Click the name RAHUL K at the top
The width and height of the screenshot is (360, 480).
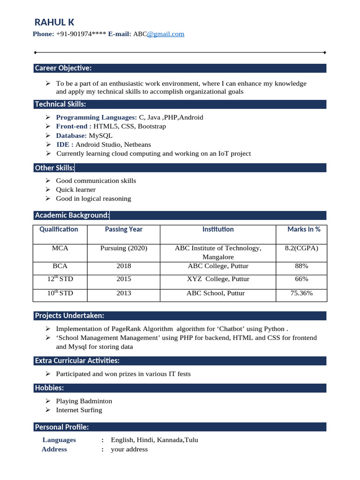click(54, 22)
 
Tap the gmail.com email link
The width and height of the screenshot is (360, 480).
click(165, 34)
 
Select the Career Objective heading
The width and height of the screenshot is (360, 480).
click(63, 68)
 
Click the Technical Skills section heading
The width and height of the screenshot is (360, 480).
click(60, 104)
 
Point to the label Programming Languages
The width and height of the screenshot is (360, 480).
click(96, 117)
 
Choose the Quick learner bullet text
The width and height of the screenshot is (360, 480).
click(75, 189)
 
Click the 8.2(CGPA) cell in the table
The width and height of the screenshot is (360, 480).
click(301, 248)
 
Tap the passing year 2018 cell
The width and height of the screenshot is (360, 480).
click(124, 266)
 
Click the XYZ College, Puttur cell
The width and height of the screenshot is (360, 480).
click(218, 279)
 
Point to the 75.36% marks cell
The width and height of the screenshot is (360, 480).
click(301, 293)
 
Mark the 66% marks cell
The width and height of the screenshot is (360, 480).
click(301, 279)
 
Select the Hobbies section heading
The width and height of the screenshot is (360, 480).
click(49, 388)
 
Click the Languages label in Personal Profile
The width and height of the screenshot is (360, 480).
click(59, 440)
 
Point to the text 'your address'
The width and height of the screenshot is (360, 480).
click(129, 449)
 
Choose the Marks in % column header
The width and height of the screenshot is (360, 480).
click(304, 229)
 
